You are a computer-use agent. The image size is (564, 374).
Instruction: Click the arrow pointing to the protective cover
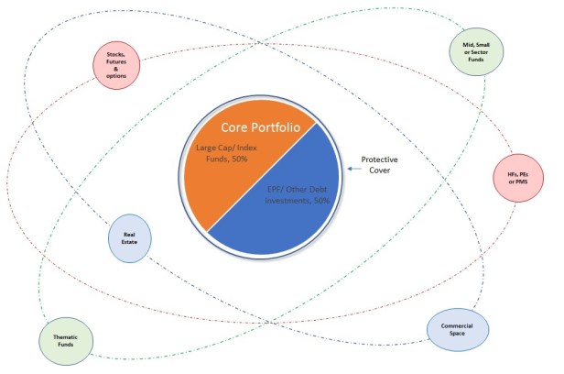coord(354,169)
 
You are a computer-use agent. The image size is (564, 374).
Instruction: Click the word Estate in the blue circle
coord(129,242)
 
